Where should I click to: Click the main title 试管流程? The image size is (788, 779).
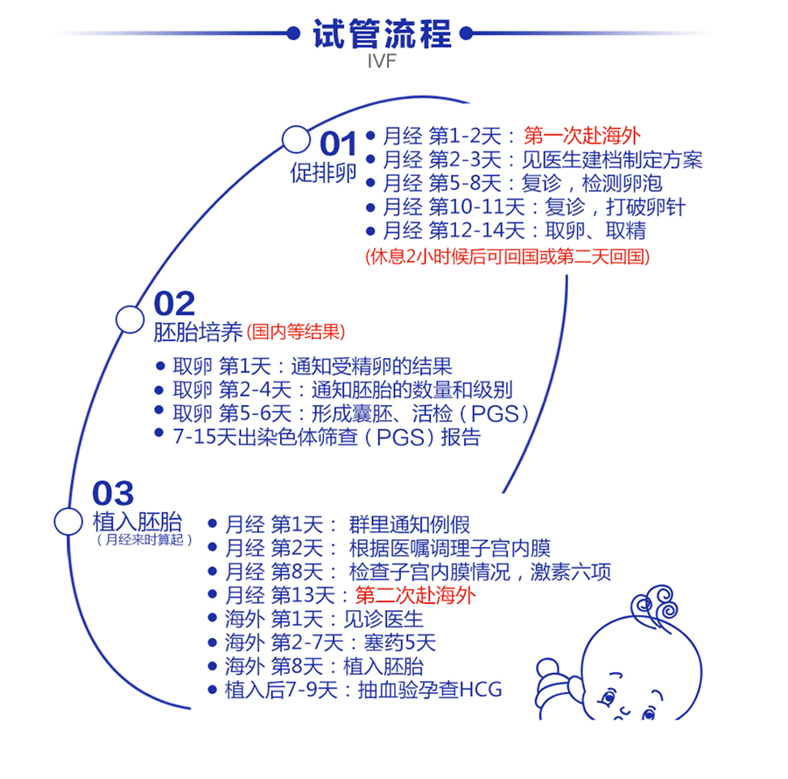coord(382,33)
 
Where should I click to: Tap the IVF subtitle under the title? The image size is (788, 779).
coord(382,61)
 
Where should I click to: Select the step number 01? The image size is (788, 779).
coord(338,144)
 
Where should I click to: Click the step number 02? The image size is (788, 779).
coord(174,304)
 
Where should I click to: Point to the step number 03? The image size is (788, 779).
coord(113,493)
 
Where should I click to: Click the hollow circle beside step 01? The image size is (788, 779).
coord(296,140)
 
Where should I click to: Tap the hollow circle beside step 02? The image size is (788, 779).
coord(130,319)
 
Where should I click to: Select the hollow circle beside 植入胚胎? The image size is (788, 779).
coord(68,522)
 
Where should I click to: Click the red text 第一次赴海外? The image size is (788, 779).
coord(582,136)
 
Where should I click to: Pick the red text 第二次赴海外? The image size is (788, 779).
coord(415,595)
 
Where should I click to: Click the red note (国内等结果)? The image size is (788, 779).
coord(296,332)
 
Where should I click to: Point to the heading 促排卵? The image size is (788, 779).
coord(323,172)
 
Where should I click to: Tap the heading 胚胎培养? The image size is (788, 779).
coord(198,332)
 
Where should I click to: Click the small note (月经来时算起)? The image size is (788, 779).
coord(144,540)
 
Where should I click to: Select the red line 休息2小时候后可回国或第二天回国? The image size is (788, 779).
coord(507,256)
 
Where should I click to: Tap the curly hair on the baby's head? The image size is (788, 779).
coord(654,604)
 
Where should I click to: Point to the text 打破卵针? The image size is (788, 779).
coord(645,207)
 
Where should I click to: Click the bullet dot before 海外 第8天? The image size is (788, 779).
coord(212,666)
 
